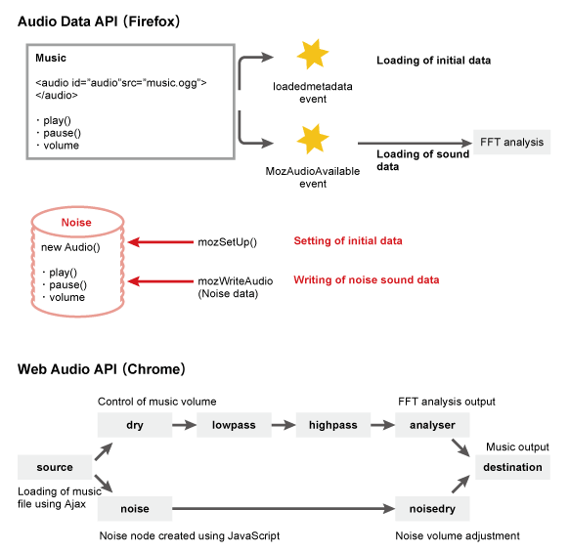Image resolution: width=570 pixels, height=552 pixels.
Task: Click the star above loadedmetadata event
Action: [x=313, y=55]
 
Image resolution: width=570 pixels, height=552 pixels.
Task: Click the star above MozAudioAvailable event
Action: [x=313, y=140]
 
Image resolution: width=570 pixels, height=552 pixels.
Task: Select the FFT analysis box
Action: [x=510, y=142]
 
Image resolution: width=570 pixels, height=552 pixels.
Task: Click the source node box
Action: [x=54, y=467]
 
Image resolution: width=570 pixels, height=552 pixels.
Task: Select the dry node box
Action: [x=134, y=426]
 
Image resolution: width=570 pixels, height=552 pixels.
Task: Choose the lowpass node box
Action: [x=232, y=426]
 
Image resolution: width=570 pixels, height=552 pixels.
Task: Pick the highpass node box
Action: [x=333, y=426]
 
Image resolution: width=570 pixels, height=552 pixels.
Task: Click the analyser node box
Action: [x=432, y=426]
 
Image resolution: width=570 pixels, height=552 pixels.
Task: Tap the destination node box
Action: [x=511, y=467]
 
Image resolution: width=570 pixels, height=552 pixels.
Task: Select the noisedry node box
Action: [x=432, y=508]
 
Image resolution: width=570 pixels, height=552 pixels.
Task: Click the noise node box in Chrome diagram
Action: [x=134, y=508]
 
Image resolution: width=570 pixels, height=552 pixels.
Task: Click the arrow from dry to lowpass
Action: [x=184, y=426]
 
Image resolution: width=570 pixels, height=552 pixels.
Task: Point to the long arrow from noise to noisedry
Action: [x=284, y=508]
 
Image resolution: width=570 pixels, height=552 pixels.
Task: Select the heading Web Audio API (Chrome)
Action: [x=102, y=369]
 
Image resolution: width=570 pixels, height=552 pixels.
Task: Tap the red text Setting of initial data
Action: [x=347, y=240]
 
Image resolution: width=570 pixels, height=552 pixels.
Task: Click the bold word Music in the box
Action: [x=51, y=59]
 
